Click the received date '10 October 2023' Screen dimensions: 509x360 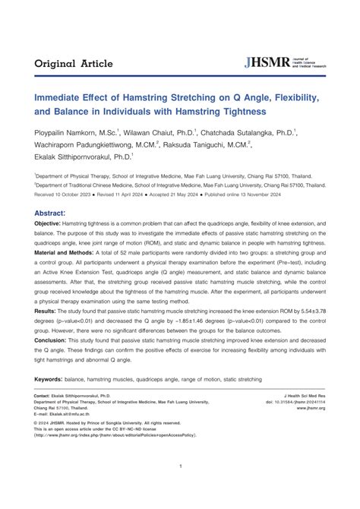[x=81, y=194]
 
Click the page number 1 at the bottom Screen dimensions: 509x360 [x=180, y=487]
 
